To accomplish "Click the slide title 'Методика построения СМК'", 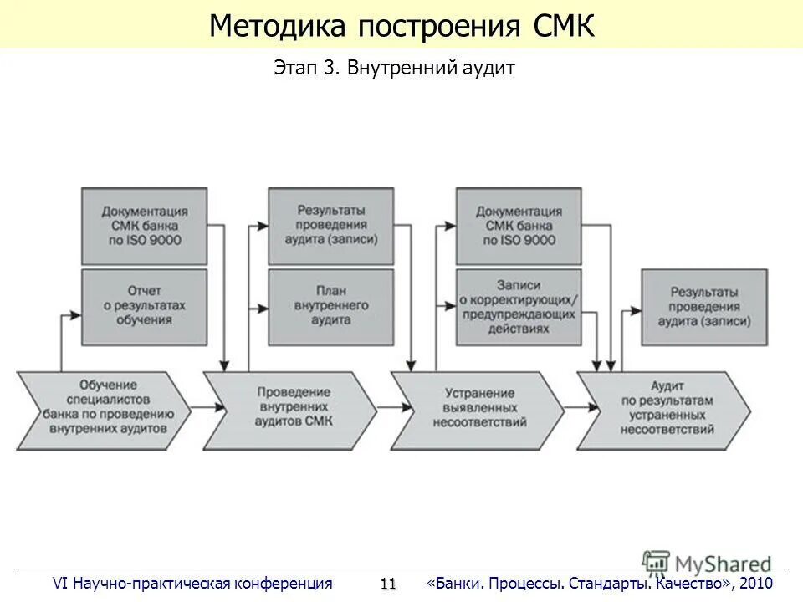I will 401,26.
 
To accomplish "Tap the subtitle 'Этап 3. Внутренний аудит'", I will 394,69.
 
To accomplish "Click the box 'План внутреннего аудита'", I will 331,307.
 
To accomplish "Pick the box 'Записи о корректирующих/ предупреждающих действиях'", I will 518,307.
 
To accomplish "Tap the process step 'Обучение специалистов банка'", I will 104,406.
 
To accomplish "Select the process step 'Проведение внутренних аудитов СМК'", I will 293,406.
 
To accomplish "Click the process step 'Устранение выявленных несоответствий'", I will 479,406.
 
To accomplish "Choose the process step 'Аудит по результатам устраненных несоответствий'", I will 667,406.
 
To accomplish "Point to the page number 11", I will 387,584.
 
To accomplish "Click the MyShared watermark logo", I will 707,563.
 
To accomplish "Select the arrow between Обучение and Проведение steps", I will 197,406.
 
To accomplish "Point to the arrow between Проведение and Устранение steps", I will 384,406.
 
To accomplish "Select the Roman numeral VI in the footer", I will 60,583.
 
